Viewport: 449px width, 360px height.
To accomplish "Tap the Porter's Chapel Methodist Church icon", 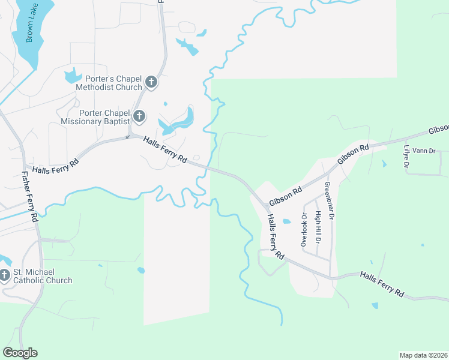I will coord(150,82).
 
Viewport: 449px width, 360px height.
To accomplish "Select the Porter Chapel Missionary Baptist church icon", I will coord(139,116).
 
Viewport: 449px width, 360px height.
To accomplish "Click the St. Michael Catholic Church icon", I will coord(5,275).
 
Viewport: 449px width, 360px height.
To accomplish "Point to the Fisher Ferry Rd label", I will coord(30,196).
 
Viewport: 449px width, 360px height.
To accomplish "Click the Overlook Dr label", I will coord(304,230).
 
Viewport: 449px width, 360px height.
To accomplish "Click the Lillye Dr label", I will coord(407,156).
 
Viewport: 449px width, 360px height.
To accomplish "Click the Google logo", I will coord(20,353).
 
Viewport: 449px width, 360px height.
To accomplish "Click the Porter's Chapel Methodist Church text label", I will coord(109,82).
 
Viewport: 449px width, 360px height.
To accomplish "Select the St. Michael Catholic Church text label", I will coord(43,276).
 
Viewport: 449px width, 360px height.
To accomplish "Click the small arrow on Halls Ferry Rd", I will coord(127,137).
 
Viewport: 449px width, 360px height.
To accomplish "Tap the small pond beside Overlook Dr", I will coord(287,221).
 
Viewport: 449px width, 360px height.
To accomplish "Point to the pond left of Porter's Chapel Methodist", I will coord(72,76).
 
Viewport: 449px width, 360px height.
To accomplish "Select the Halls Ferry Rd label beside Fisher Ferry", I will coord(56,167).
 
